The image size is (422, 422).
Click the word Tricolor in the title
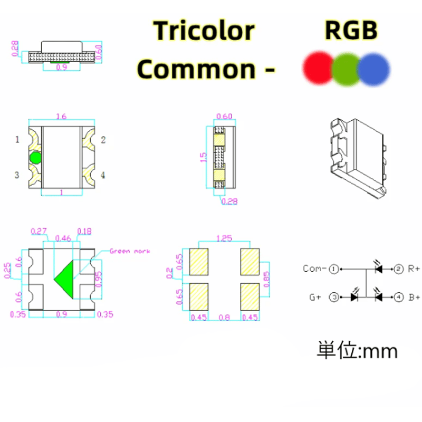[x=204, y=31]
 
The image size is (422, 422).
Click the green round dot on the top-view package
[x=35, y=157]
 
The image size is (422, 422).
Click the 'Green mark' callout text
[x=129, y=251]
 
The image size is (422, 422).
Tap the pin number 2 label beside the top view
[x=103, y=140]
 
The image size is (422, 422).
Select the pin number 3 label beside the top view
[x=17, y=175]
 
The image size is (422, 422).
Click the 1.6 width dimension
[x=61, y=117]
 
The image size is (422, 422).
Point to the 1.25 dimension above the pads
[x=224, y=238]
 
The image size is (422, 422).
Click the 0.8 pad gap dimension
[x=224, y=317]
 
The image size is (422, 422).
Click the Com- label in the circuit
[x=314, y=269]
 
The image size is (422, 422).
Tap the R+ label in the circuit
[x=414, y=269]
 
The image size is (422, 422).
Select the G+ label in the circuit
[x=315, y=298]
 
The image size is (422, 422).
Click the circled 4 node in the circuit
[x=399, y=298]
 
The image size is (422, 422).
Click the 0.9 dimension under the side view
[x=61, y=68]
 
